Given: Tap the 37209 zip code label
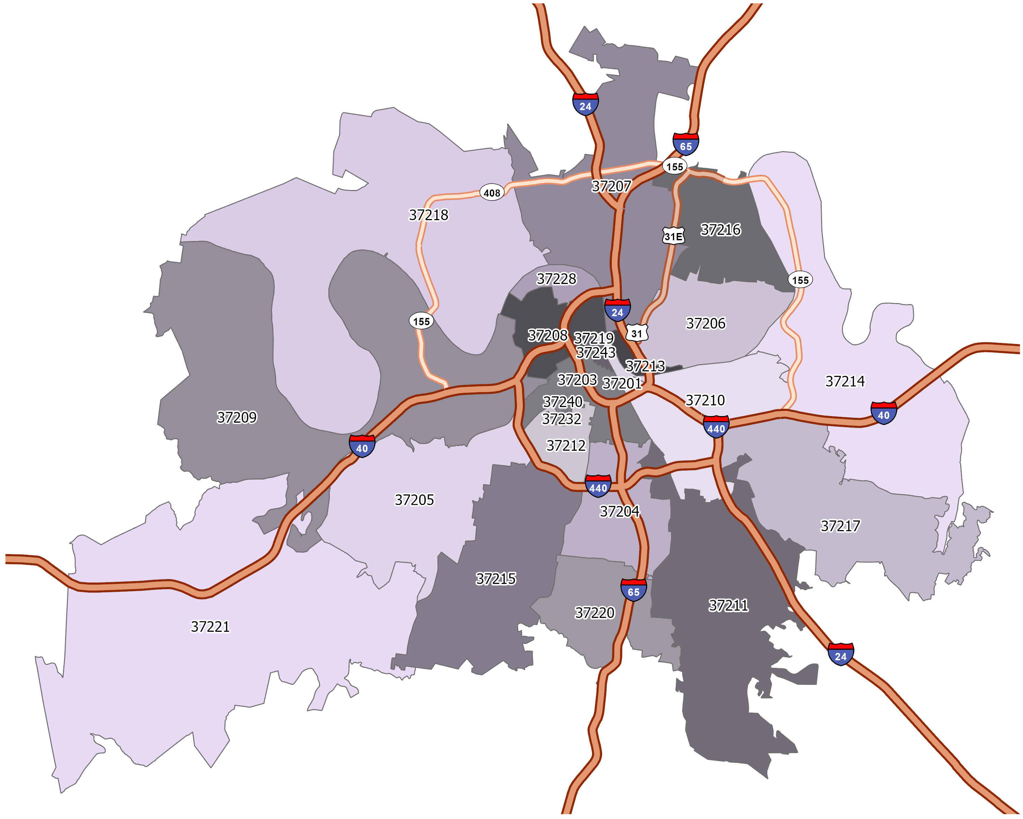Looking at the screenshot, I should click(x=237, y=417).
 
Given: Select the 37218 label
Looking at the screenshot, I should click(x=429, y=215).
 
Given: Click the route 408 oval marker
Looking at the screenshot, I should click(x=492, y=193).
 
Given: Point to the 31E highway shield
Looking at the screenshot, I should click(x=673, y=236).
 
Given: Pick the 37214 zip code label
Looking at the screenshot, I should click(x=845, y=381).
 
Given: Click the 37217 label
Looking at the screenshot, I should click(x=840, y=526).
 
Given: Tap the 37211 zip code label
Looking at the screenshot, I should click(x=728, y=605).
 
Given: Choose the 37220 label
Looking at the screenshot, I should click(x=594, y=613).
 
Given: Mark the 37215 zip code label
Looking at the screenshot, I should click(x=496, y=579).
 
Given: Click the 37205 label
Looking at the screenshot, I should click(x=414, y=500).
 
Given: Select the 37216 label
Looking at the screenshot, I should click(x=720, y=230).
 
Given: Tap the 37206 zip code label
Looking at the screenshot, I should click(x=706, y=323).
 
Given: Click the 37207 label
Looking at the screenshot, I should click(x=611, y=186).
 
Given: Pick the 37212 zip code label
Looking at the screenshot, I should click(x=566, y=445).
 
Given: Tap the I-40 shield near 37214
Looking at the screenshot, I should click(x=883, y=413).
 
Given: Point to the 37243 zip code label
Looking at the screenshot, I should click(x=596, y=353).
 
